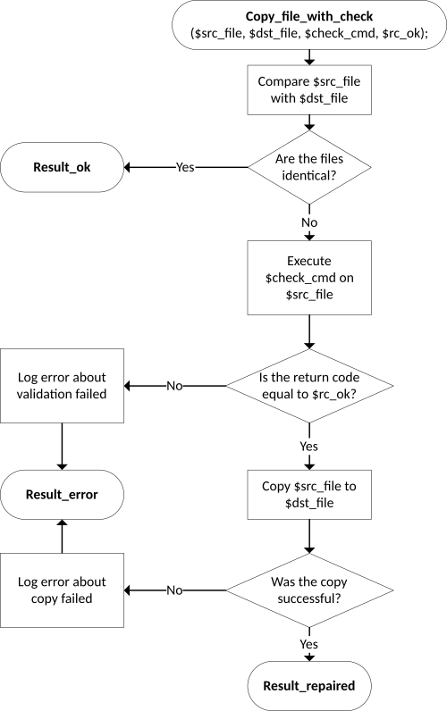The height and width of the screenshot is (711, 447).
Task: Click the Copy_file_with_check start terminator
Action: (309, 24)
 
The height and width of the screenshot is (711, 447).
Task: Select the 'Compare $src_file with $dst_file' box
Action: (309, 90)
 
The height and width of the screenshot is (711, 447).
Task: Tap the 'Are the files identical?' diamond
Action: (309, 167)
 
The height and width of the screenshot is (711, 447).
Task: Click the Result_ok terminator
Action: (62, 167)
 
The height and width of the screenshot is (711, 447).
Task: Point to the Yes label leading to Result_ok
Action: (185, 167)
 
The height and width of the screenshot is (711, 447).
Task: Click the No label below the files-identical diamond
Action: (309, 222)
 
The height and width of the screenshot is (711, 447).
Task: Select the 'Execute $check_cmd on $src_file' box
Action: (309, 278)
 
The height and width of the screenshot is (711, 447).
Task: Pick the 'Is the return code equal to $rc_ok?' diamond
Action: (309, 386)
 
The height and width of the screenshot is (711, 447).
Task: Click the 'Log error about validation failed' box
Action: (62, 386)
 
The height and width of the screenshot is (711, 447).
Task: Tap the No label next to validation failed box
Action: (174, 386)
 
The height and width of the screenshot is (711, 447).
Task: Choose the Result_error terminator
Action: (62, 495)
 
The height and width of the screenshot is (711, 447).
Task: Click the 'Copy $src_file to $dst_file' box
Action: (309, 495)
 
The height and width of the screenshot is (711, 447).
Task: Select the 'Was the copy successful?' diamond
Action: (309, 590)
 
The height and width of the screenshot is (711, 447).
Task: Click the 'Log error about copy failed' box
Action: (62, 590)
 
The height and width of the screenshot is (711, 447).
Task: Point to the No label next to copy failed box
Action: (174, 590)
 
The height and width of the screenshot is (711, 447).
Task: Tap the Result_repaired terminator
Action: (309, 686)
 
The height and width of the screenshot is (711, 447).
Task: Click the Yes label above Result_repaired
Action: (309, 644)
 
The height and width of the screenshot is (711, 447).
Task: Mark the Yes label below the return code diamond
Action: (309, 447)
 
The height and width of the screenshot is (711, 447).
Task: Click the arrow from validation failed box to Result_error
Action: (62, 447)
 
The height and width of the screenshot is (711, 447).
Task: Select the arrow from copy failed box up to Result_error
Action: (62, 537)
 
